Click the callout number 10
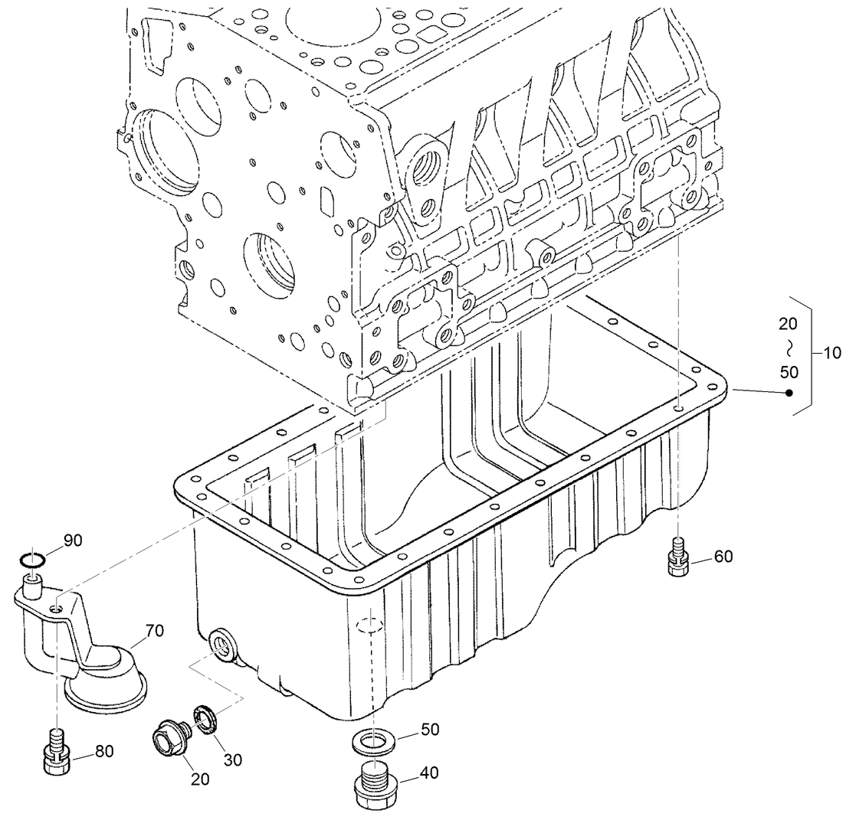(x=831, y=353)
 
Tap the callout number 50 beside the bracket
(x=789, y=373)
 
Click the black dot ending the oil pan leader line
(x=789, y=394)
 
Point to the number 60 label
(x=723, y=557)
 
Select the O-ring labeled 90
(x=33, y=560)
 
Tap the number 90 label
(x=72, y=541)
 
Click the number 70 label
(x=154, y=632)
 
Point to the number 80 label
(x=103, y=751)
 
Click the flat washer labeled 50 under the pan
(x=371, y=740)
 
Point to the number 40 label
(x=428, y=774)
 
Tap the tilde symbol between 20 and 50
(x=789, y=348)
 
